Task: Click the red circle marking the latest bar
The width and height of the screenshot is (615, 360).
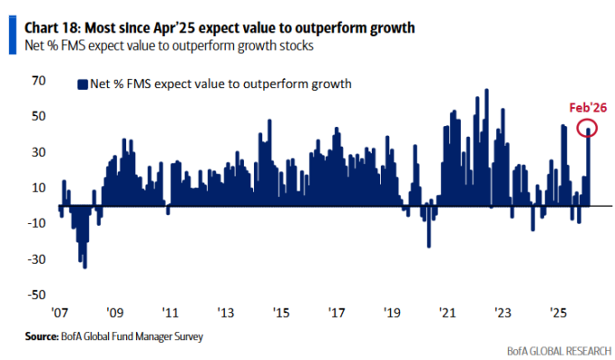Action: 588,129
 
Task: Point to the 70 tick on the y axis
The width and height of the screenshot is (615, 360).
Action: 38,81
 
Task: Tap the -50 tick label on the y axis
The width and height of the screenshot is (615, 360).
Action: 36,294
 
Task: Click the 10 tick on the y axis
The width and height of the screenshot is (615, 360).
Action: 38,187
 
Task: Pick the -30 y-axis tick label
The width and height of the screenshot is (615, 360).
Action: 36,259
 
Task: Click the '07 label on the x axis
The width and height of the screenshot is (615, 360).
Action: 60,313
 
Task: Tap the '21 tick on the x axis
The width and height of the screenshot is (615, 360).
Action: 448,313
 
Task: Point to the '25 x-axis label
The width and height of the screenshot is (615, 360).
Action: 558,313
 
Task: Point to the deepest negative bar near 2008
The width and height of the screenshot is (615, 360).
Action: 85,265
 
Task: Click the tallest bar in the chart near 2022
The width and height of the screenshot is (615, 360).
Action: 486,91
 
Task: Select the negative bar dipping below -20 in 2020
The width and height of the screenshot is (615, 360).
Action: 429,245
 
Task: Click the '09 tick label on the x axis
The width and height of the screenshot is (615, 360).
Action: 116,313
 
